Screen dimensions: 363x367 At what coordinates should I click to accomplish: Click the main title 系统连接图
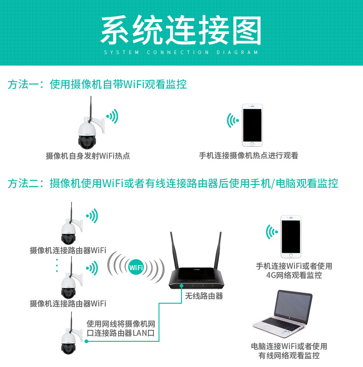click(x=181, y=30)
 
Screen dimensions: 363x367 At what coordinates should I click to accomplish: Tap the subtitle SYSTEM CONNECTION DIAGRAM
click(x=181, y=52)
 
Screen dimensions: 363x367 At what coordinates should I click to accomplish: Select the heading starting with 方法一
click(x=97, y=84)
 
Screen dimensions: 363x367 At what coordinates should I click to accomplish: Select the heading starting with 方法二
click(x=173, y=183)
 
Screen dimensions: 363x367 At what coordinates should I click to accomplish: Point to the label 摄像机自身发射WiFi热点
click(x=88, y=156)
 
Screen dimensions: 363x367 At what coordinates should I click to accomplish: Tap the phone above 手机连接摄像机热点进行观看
click(x=252, y=125)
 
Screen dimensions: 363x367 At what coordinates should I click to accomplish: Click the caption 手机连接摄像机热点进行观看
click(x=249, y=156)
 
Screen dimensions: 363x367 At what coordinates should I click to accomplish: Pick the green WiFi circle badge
click(x=136, y=267)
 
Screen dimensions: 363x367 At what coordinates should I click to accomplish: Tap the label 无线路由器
click(x=204, y=296)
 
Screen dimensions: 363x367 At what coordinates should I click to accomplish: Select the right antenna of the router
click(x=218, y=250)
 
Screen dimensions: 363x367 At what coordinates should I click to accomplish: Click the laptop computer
click(x=283, y=313)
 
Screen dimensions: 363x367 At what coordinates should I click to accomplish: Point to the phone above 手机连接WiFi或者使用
click(x=291, y=237)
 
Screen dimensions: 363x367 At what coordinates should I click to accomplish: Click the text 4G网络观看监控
click(x=294, y=275)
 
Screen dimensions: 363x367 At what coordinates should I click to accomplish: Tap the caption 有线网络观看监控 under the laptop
click(x=289, y=356)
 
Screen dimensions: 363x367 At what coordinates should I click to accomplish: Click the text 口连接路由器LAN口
click(x=121, y=333)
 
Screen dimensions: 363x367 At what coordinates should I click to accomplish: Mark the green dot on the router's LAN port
click(x=181, y=286)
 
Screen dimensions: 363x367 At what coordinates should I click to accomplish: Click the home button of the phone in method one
click(x=252, y=144)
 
